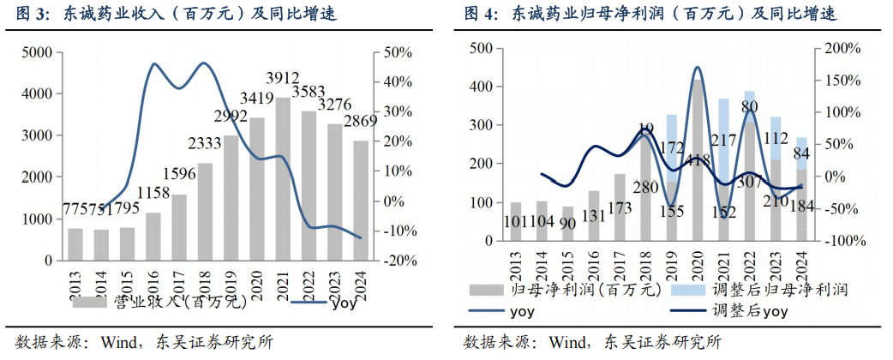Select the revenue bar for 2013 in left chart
[x=75, y=243]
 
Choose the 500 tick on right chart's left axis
[x=478, y=49]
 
